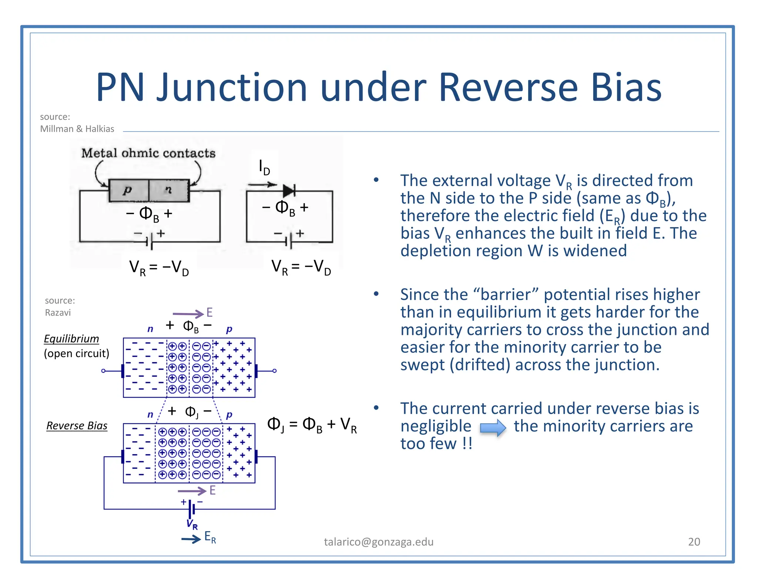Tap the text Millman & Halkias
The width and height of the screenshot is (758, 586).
click(x=77, y=129)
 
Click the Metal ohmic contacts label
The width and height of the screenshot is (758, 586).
click(x=148, y=153)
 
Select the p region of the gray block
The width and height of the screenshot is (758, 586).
click(x=128, y=190)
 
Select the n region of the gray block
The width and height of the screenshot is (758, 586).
click(x=169, y=190)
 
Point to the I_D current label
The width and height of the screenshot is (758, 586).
click(x=264, y=167)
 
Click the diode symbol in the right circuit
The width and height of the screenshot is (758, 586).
click(x=289, y=191)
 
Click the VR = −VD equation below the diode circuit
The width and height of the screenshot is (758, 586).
click(x=301, y=267)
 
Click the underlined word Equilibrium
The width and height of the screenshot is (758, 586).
click(x=71, y=339)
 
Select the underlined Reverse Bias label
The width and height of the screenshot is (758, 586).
click(x=77, y=426)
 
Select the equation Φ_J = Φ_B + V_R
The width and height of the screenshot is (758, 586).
click(x=312, y=424)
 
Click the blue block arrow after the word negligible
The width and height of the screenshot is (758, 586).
click(x=493, y=428)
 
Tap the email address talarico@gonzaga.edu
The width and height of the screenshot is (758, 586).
click(x=379, y=542)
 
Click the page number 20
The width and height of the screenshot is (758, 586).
click(x=694, y=542)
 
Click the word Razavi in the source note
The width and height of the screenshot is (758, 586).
click(x=58, y=313)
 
